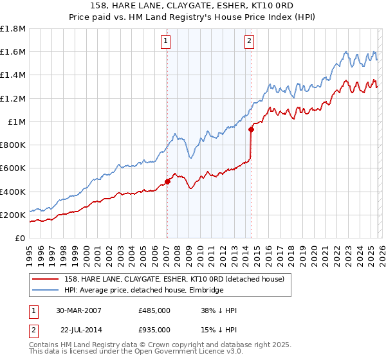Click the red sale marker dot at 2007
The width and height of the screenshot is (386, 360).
(167, 181)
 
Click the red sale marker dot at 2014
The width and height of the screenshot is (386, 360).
(251, 129)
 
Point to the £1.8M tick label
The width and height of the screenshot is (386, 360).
(13, 29)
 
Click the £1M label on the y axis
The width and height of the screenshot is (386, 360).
(17, 122)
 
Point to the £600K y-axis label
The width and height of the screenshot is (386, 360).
(13, 168)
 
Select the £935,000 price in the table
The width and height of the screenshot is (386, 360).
(154, 330)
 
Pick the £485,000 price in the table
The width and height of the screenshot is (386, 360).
(154, 310)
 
